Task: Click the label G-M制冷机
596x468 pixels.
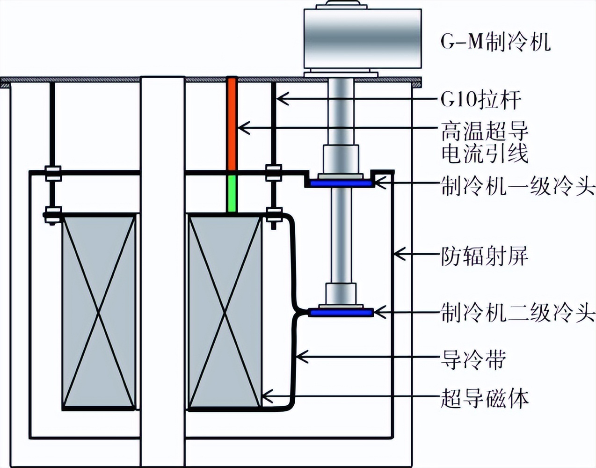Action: click(495, 43)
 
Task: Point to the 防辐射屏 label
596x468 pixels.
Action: click(485, 256)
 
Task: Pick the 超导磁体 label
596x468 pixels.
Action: click(485, 399)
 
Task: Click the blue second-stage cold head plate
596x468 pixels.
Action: click(341, 312)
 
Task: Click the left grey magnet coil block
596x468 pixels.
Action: click(99, 312)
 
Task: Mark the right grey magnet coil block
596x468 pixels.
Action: click(225, 312)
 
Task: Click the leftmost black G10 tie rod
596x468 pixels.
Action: click(52, 126)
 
